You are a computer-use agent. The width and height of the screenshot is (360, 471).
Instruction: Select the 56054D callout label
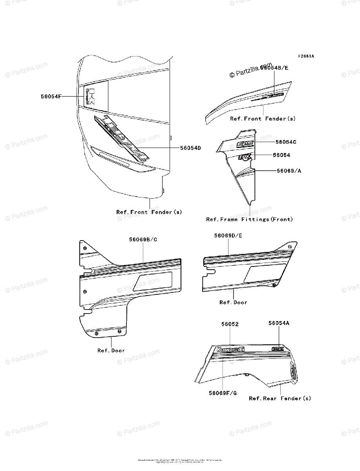point(190,148)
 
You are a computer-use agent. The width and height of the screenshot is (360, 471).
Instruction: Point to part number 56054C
point(286,142)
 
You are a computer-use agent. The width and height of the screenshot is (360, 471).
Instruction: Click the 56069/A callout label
point(289,171)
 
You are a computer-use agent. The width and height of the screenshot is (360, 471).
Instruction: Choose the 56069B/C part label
point(143,239)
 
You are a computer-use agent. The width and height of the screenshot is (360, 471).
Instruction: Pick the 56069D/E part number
point(228,235)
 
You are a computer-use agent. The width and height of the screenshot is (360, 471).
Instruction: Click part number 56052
point(230,325)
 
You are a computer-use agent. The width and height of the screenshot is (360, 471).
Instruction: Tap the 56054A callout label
point(279,323)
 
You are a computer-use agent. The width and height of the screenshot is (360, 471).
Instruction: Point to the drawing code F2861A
point(306,56)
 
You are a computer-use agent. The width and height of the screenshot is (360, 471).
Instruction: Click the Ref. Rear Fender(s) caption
point(280,398)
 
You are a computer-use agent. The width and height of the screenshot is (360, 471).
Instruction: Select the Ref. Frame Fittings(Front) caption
point(249,219)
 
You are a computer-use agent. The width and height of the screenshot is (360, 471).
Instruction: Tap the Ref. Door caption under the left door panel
point(111,351)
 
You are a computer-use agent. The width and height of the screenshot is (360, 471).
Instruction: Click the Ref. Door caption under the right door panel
point(233,303)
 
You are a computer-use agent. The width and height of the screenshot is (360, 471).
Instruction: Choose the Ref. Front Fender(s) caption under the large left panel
point(149,212)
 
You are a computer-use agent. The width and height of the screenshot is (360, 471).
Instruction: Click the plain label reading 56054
point(281,155)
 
